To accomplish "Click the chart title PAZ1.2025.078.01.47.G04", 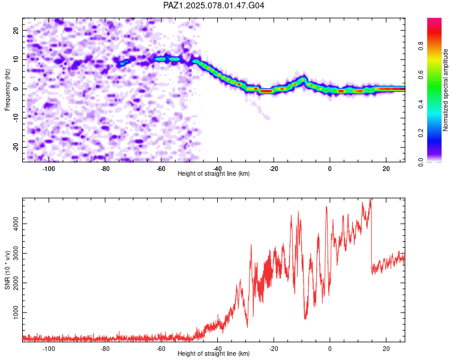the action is coord(214,5).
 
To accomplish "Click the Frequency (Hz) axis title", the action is coord(7,90).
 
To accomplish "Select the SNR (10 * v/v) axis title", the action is coord(7,270).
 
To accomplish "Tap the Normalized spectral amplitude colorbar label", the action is coord(445,90).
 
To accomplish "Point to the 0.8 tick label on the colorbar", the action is coord(421,46).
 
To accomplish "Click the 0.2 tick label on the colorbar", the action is coord(421,133).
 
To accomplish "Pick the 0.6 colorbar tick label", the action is coord(421,75).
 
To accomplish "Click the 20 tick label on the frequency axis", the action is coord(16,30).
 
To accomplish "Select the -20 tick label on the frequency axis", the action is coord(16,147).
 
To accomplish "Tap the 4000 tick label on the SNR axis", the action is coord(16,224).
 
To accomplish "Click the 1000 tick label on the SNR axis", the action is coord(16,313).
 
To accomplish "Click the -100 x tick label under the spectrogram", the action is coord(49,169).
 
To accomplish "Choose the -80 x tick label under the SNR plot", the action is coord(105,349).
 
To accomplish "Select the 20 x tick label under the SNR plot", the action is coord(386,349).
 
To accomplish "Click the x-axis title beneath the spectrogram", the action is coord(214,173).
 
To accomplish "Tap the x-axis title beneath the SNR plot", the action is coord(214,353).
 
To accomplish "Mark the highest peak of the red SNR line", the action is coord(370,199).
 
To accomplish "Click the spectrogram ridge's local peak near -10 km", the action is coord(302,79).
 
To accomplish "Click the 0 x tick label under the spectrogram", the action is coord(330,169).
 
